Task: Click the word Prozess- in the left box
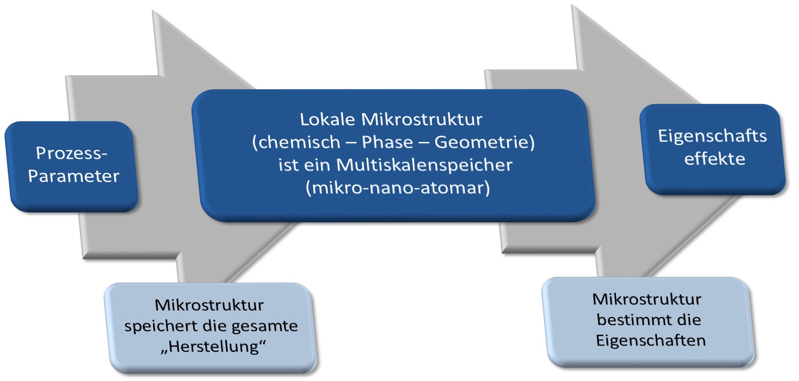[x=72, y=153]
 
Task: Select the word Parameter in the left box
[x=74, y=176]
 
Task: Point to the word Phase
[x=387, y=142]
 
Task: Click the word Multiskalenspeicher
[x=424, y=165]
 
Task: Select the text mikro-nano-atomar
[x=398, y=188]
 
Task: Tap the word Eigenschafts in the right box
[x=712, y=136]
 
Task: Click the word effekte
[x=715, y=159]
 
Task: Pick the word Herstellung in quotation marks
[x=214, y=347]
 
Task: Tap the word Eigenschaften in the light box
[x=651, y=341]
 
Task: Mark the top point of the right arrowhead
[x=572, y=6]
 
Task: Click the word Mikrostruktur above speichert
[x=209, y=305]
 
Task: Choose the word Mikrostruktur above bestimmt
[x=647, y=300]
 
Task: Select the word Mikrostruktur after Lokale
[x=422, y=119]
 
